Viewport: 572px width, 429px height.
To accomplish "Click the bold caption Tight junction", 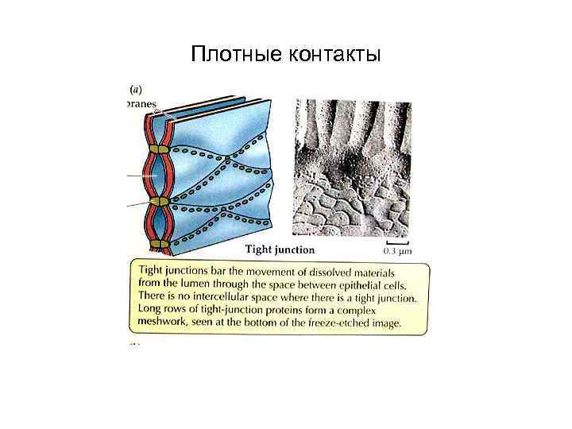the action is click(280, 250).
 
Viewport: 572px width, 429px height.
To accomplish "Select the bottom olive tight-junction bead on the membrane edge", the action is click(160, 244).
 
